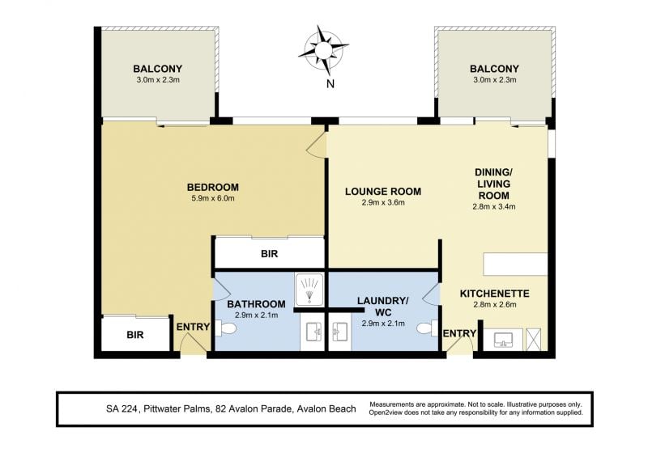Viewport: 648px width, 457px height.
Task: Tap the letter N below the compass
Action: pos(330,84)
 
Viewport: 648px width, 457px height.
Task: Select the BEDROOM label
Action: pos(213,188)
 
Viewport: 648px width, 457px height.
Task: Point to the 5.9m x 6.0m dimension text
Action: pos(213,198)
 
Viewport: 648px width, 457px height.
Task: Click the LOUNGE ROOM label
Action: pos(383,192)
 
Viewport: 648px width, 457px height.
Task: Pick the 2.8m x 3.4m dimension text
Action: pos(494,206)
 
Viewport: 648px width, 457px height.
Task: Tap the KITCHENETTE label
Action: pos(495,294)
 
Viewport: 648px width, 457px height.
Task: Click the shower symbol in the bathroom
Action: pos(309,289)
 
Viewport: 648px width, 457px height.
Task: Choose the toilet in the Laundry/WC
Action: pos(427,328)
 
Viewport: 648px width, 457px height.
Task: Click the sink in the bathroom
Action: pos(313,332)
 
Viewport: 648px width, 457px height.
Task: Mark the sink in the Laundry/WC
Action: pos(340,332)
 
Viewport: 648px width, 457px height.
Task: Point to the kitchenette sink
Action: pos(503,340)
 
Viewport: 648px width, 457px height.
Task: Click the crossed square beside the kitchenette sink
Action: pos(533,340)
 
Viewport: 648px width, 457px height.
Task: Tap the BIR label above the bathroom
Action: pos(270,254)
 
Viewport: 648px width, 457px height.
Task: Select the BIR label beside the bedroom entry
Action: pos(135,335)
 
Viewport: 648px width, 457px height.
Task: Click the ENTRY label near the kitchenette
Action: pos(459,333)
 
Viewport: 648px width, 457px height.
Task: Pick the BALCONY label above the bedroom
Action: pos(157,69)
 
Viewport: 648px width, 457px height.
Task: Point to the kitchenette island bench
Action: pos(515,264)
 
